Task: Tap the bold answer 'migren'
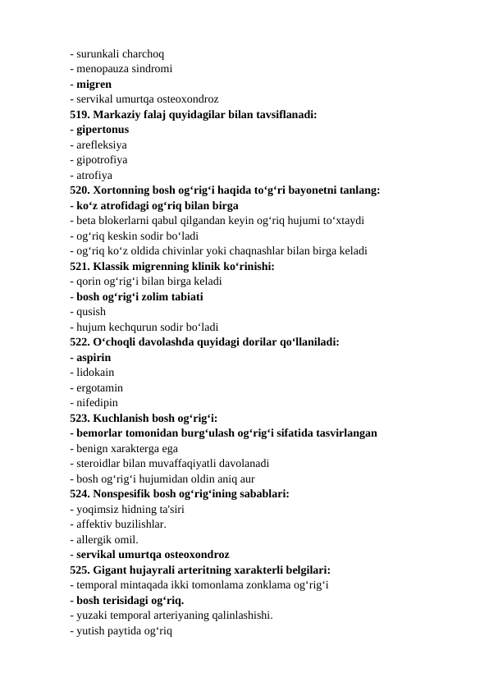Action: click(94, 85)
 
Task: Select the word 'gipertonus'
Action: click(102, 130)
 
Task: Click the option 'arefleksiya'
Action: click(107, 145)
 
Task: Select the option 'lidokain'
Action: click(95, 372)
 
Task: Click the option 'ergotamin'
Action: click(99, 387)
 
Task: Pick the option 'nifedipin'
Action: click(97, 402)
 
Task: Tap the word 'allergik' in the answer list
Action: click(94, 539)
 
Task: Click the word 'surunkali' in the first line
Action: click(97, 54)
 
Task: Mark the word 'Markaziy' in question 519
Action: click(122, 115)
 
